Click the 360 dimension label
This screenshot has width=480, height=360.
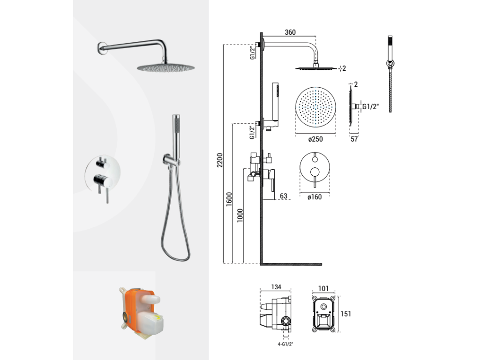click(x=290, y=32)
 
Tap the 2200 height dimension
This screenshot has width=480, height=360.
click(x=220, y=160)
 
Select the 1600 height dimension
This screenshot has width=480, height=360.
click(x=229, y=199)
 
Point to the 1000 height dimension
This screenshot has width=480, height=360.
click(x=240, y=216)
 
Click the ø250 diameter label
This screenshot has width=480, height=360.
click(x=315, y=139)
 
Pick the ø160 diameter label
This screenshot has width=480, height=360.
click(x=315, y=197)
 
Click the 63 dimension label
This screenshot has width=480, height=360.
click(x=284, y=196)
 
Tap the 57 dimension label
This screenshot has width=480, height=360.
click(x=354, y=139)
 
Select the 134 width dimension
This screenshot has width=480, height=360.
click(x=276, y=287)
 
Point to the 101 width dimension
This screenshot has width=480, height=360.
click(x=323, y=288)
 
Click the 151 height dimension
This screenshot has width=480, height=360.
click(x=345, y=314)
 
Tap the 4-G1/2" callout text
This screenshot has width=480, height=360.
click(x=285, y=344)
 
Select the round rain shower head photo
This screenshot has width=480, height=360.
click(x=165, y=67)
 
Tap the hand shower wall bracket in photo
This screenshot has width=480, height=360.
click(x=169, y=160)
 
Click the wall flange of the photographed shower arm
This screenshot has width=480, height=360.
click(x=102, y=49)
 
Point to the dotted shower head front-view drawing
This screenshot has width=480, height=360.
click(x=315, y=107)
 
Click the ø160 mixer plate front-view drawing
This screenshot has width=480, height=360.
click(x=315, y=167)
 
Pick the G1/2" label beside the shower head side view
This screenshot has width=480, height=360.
click(x=371, y=106)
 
